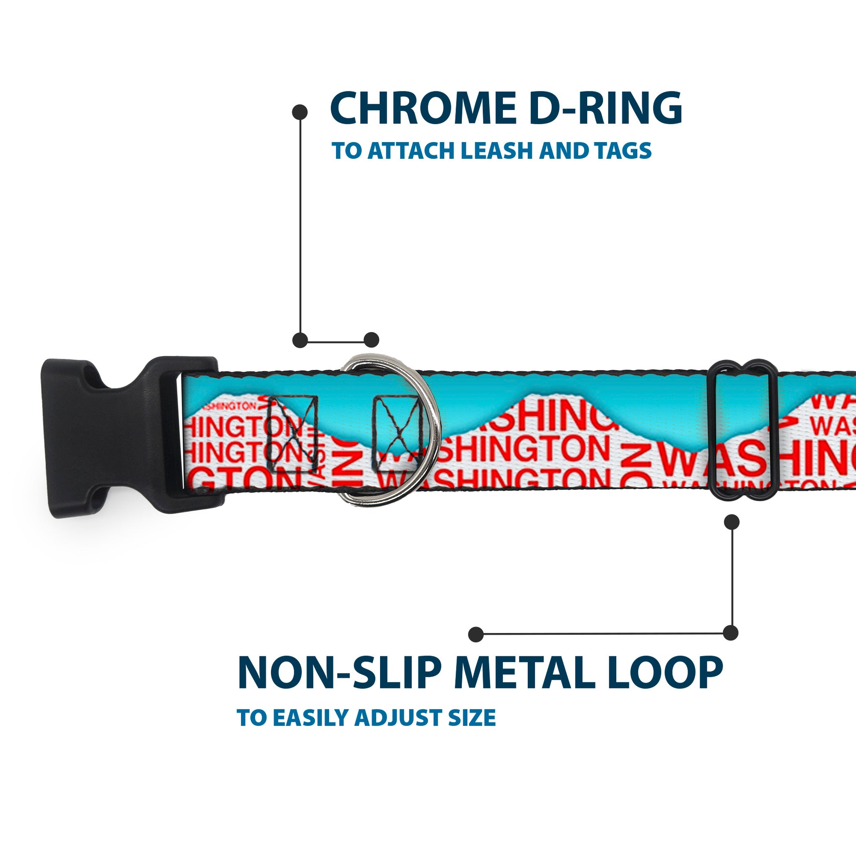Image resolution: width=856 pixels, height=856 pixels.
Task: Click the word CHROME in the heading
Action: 423,109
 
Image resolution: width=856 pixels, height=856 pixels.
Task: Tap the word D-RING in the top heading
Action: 605,109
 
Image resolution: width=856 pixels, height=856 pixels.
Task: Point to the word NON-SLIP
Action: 340,673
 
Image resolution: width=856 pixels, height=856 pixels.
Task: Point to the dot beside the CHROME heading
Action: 300,112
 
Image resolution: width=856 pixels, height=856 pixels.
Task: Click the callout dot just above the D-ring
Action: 371,340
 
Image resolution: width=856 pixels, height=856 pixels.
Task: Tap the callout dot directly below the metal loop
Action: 732,523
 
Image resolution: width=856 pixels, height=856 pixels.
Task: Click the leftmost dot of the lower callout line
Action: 476,634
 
